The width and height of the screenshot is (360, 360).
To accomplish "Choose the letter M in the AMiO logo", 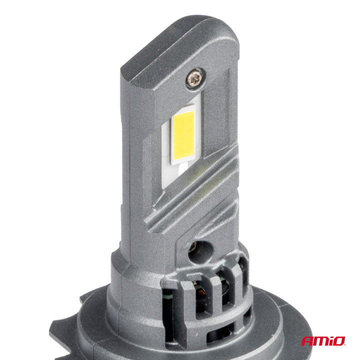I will [x=320, y=341].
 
